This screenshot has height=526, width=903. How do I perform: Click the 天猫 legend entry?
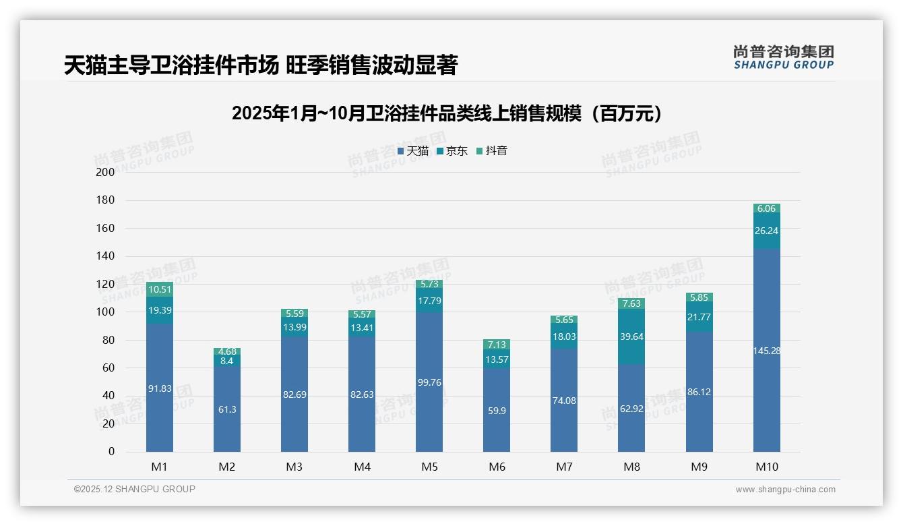[413, 151]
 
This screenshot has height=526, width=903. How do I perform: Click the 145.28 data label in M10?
[766, 351]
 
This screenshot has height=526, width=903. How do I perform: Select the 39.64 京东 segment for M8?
[631, 337]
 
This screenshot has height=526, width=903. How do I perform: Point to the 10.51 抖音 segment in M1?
[160, 290]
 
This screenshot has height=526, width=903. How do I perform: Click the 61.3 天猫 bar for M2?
[227, 409]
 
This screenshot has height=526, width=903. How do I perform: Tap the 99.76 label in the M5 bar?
[429, 382]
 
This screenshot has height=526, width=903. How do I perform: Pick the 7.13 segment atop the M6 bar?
[497, 345]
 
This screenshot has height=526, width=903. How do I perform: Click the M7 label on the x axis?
[564, 467]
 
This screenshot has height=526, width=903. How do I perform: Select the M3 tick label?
[294, 467]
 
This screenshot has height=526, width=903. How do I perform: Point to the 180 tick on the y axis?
[106, 200]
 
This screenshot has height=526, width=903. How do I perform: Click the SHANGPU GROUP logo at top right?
[783, 57]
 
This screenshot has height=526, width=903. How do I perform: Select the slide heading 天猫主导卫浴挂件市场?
[260, 65]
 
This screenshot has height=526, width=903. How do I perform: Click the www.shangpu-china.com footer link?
[785, 490]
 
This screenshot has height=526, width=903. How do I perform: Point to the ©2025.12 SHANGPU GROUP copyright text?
[135, 490]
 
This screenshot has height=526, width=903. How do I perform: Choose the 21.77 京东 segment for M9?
[699, 317]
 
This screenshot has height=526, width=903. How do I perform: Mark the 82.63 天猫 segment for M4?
[362, 394]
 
